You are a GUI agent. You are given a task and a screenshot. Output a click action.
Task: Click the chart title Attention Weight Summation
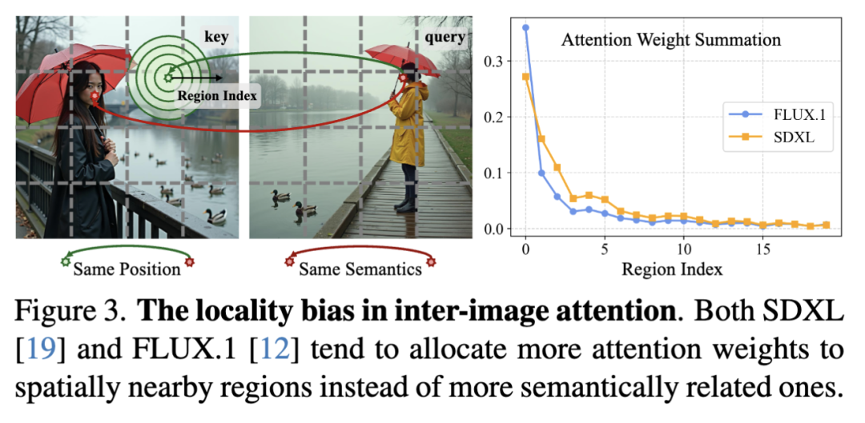pyautogui.click(x=670, y=39)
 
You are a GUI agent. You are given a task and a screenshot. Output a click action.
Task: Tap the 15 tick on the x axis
pyautogui.click(x=763, y=249)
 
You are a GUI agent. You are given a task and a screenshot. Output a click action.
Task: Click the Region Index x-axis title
pyautogui.click(x=672, y=269)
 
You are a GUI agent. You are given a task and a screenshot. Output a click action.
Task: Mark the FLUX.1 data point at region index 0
pyautogui.click(x=525, y=28)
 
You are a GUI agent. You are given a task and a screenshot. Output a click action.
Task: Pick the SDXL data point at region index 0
pyautogui.click(x=525, y=77)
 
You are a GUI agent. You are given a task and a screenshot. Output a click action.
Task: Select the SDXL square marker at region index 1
pyautogui.click(x=541, y=138)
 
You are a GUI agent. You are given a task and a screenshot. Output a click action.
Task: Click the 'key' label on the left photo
pyautogui.click(x=216, y=37)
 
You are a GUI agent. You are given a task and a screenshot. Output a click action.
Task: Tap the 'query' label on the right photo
pyautogui.click(x=445, y=37)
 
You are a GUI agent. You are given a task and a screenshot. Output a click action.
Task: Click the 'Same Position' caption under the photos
pyautogui.click(x=127, y=269)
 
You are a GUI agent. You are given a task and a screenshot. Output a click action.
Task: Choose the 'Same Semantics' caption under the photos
pyautogui.click(x=360, y=269)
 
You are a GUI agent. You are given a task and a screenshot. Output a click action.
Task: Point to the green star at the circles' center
pyautogui.click(x=167, y=78)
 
